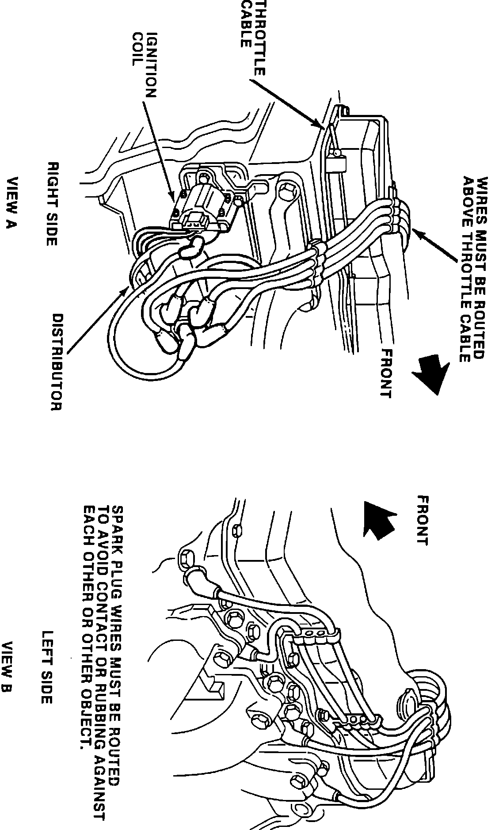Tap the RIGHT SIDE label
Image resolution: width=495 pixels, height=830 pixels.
[52, 204]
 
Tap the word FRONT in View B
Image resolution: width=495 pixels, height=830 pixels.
[422, 521]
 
